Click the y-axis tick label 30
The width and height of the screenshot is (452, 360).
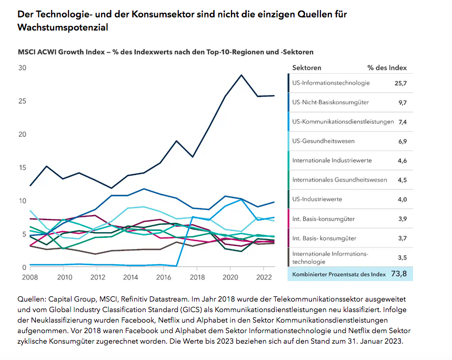click(22, 68)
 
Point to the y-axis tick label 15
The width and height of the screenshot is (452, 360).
click(22, 167)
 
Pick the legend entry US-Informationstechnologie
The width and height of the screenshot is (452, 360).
click(331, 83)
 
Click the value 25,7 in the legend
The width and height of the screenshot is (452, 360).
click(400, 83)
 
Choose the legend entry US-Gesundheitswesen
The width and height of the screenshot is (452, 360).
click(323, 141)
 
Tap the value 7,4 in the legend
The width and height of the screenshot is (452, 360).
click(403, 122)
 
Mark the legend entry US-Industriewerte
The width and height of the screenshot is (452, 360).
click(317, 199)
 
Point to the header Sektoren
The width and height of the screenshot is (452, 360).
click(306, 68)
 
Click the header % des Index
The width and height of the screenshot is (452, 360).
click(387, 68)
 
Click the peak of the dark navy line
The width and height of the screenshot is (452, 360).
click(242, 75)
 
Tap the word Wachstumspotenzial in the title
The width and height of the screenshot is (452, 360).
click(63, 27)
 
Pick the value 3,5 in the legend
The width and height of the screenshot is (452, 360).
click(403, 257)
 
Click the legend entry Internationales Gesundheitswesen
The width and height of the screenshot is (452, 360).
click(339, 180)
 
